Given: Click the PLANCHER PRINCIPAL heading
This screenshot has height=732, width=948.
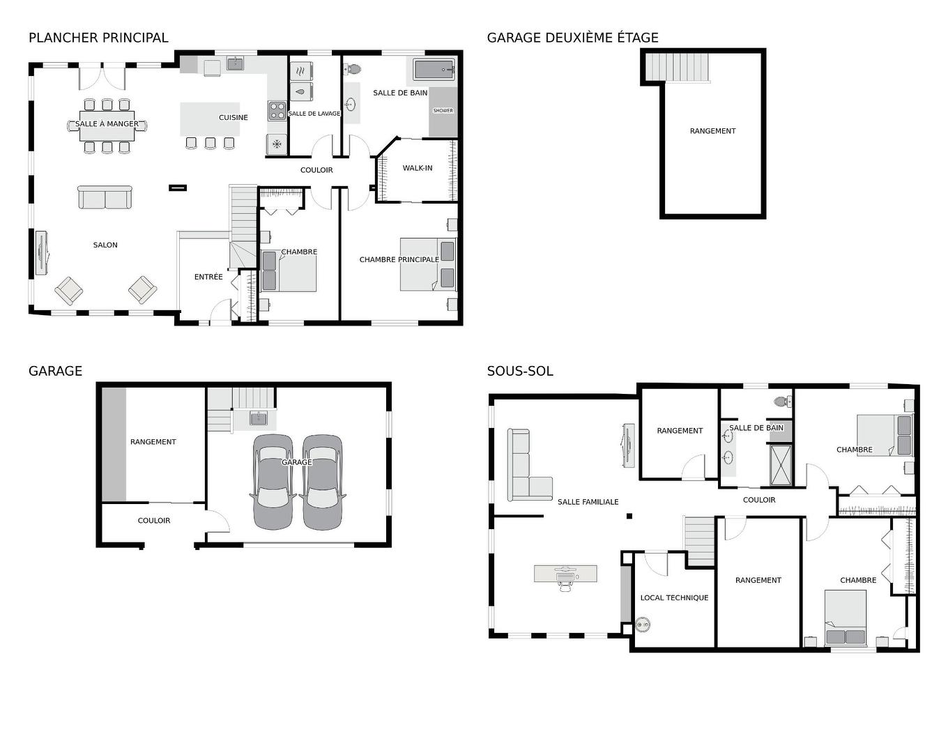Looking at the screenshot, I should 98,38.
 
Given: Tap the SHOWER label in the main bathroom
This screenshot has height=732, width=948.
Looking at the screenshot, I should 443,111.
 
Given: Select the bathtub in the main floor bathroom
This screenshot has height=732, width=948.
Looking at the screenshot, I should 434,70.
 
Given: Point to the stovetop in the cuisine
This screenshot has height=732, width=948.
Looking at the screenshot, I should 277,111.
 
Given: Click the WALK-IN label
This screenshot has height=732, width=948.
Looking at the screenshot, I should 418,168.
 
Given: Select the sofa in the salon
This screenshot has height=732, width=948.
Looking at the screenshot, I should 105,197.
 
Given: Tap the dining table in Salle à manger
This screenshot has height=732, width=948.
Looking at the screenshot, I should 107,125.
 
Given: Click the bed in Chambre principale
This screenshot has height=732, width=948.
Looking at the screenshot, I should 428,265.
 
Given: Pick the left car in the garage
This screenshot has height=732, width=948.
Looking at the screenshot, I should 273,481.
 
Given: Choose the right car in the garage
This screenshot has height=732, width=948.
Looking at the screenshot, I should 323,481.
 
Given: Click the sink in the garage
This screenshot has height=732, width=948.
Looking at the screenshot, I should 259,418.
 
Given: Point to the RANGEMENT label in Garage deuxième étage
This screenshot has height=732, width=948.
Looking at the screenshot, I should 712,131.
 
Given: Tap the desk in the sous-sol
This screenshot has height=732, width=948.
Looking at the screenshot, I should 565,573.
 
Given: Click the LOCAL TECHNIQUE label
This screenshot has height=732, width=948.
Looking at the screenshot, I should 674,598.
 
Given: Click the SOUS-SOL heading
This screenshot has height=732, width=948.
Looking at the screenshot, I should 520,372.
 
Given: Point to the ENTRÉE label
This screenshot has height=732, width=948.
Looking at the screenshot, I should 208,277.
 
